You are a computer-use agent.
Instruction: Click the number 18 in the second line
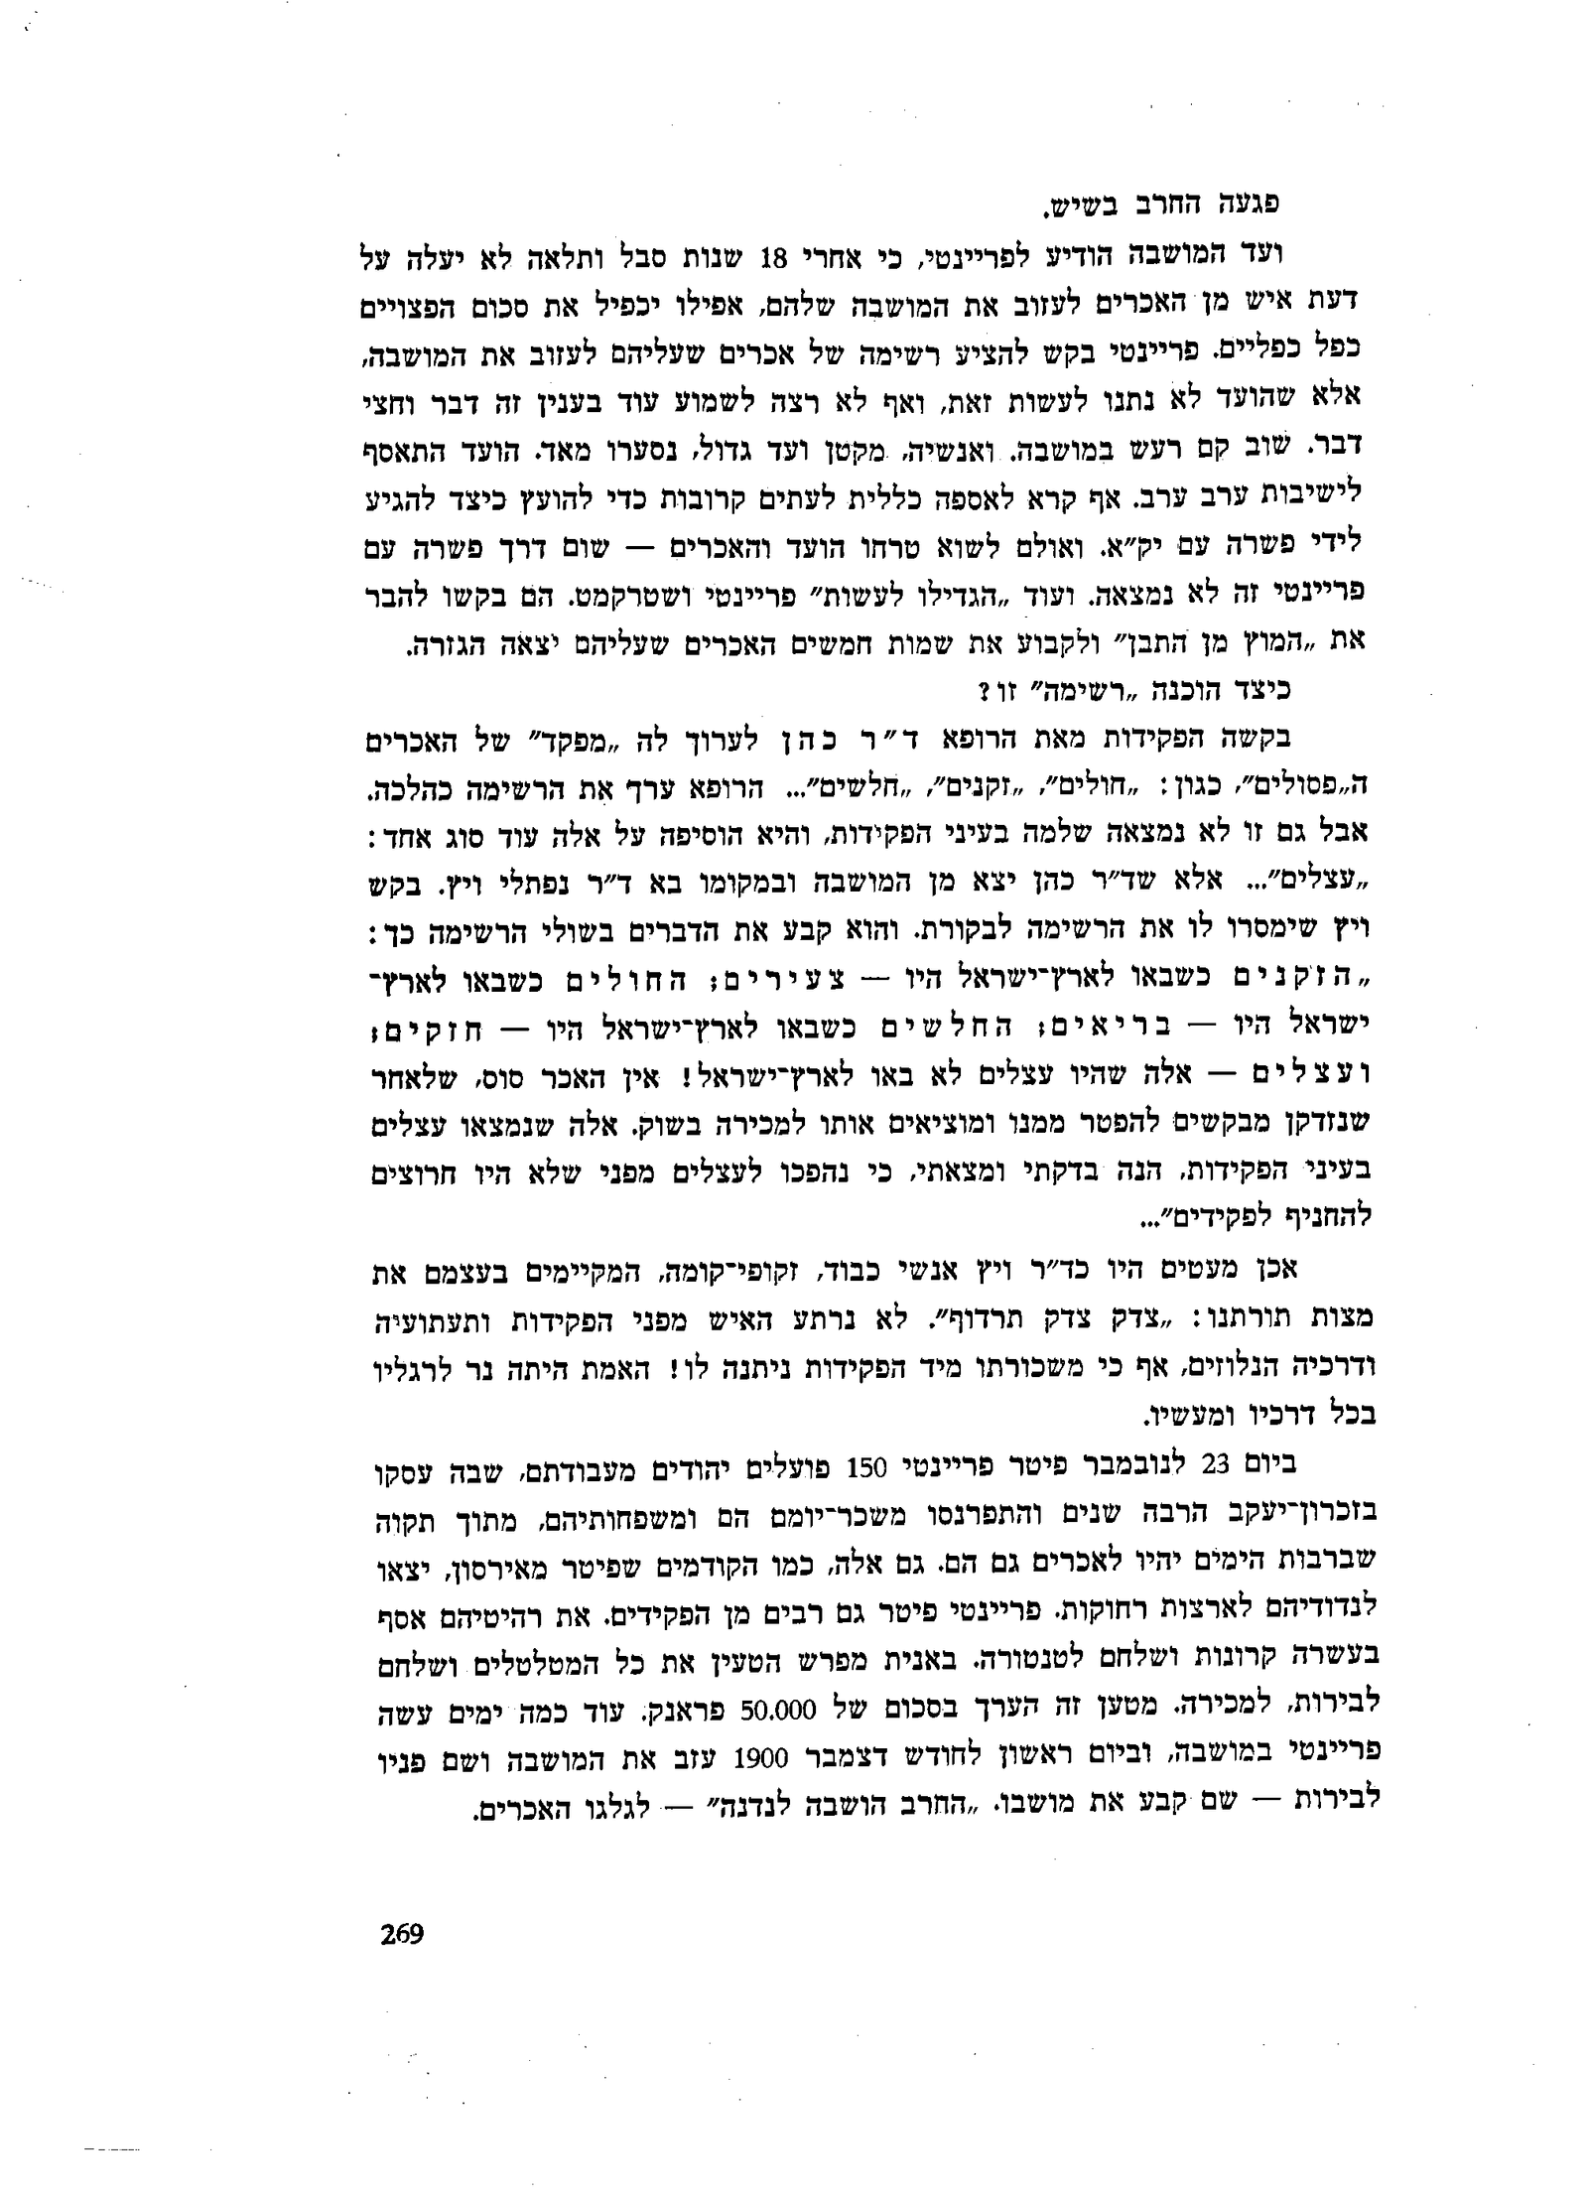click(x=773, y=257)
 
